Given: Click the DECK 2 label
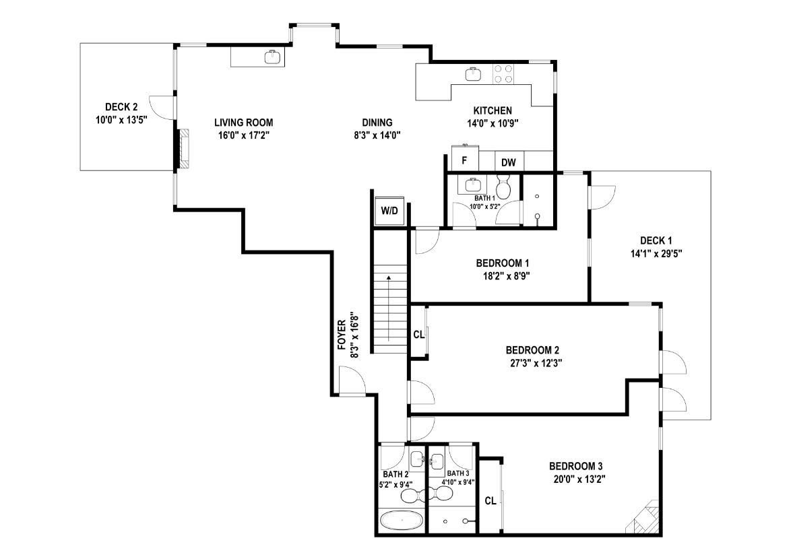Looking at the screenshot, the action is (121, 107).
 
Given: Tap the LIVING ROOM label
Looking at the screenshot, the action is (244, 123).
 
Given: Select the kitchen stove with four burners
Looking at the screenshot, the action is (503, 73).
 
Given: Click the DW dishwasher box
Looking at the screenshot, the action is (509, 162).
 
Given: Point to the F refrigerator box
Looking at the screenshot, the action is (465, 160).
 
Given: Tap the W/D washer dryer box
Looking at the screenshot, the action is (389, 210).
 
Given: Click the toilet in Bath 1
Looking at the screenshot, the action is (503, 187).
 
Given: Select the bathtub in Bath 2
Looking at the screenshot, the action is (401, 520).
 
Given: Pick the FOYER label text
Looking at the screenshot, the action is (342, 335).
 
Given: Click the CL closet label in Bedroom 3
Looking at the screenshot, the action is (491, 500).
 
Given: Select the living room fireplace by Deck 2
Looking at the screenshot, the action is (185, 149).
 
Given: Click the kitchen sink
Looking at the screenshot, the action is (473, 74).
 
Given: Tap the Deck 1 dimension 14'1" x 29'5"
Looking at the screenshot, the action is (656, 253).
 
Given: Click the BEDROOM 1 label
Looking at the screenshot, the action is (503, 263).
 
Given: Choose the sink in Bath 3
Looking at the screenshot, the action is (437, 460).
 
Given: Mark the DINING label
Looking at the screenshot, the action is (377, 123).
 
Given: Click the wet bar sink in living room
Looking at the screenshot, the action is (272, 57).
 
